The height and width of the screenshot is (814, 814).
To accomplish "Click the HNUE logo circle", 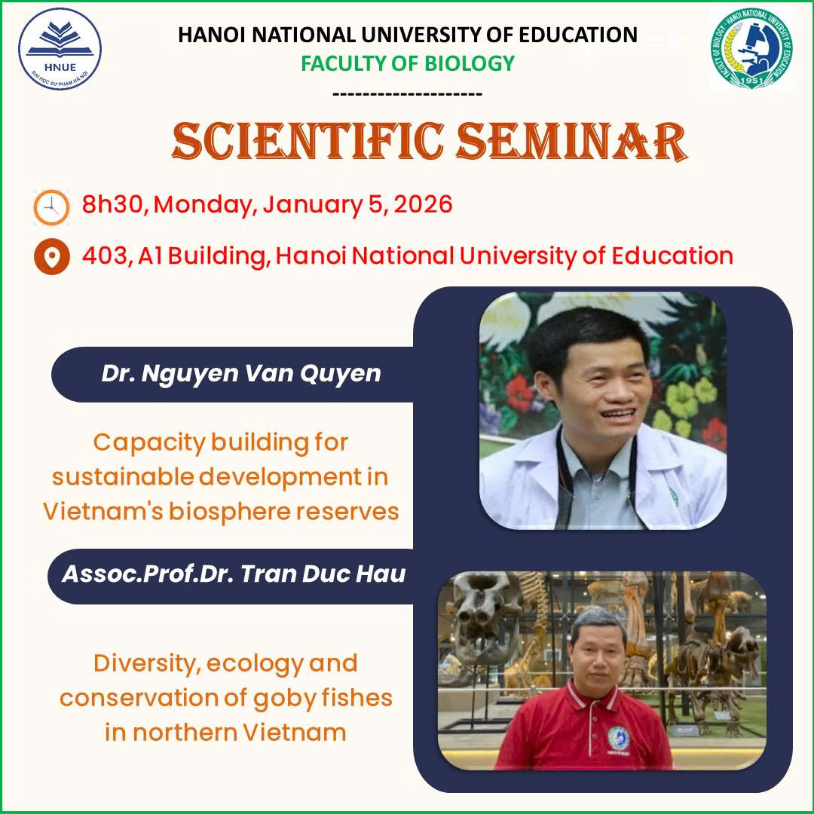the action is (60, 49).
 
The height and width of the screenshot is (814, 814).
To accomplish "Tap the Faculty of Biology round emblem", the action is (751, 48).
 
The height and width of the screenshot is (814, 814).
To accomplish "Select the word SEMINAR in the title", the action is (571, 141).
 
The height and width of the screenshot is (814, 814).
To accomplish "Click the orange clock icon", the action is (51, 207).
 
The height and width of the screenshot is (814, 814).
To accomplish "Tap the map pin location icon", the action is (51, 256).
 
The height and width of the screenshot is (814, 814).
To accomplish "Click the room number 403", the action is (104, 256).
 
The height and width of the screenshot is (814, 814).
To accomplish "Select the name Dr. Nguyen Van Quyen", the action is (241, 374).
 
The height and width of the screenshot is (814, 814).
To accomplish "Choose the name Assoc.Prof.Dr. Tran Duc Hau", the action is (234, 574).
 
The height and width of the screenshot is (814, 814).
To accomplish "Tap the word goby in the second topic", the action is (284, 699).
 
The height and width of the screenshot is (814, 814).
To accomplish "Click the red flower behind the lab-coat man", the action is (519, 393).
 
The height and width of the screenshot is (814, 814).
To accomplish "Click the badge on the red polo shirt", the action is (618, 738).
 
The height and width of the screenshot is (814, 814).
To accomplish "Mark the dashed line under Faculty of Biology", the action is (408, 94).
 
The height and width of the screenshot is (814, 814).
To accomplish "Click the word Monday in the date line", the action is (205, 205).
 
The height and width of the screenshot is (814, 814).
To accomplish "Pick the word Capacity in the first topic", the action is (149, 443).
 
